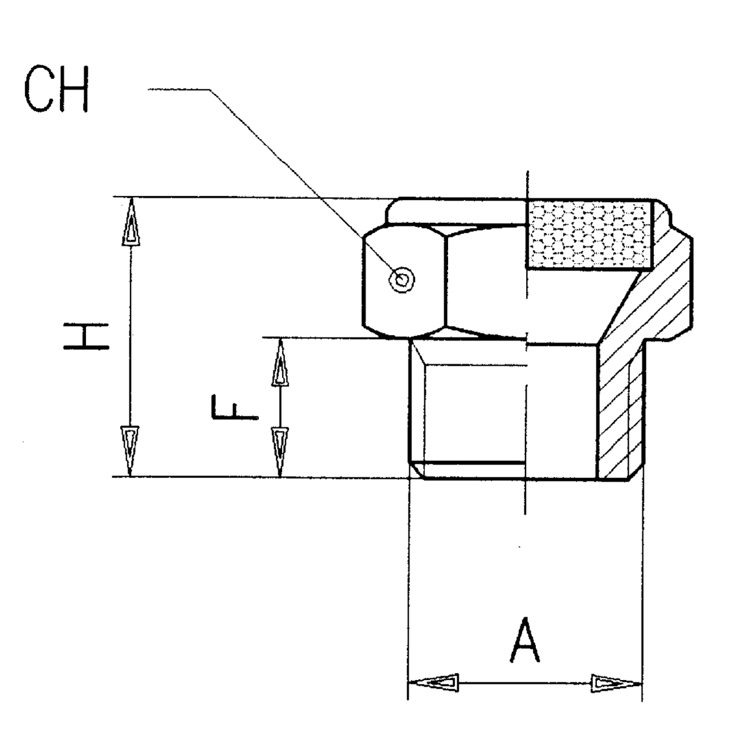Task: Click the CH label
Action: coord(56,90)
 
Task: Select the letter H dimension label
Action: coord(86,338)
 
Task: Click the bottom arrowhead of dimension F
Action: coord(280,452)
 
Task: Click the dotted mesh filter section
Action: coord(589,236)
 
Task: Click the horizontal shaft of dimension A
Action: coord(525,683)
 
